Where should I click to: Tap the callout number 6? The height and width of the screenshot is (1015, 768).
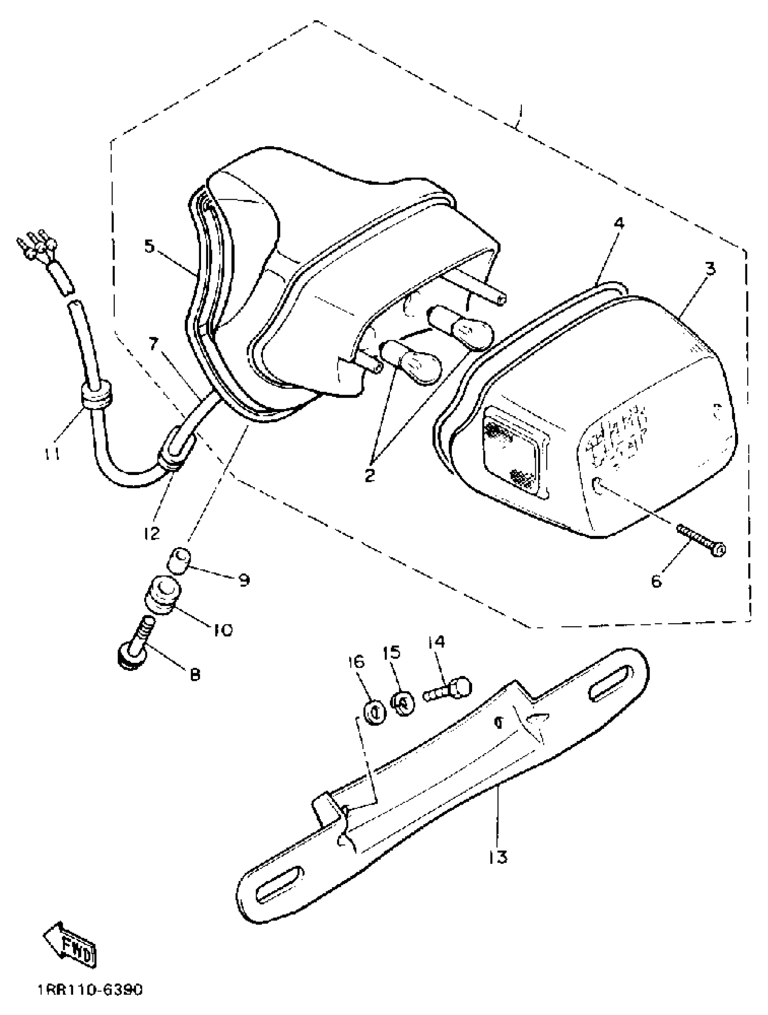(656, 582)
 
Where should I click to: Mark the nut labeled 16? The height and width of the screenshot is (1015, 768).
(375, 713)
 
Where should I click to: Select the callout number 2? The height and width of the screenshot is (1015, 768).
(370, 475)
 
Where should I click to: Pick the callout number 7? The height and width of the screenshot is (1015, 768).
(153, 343)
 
